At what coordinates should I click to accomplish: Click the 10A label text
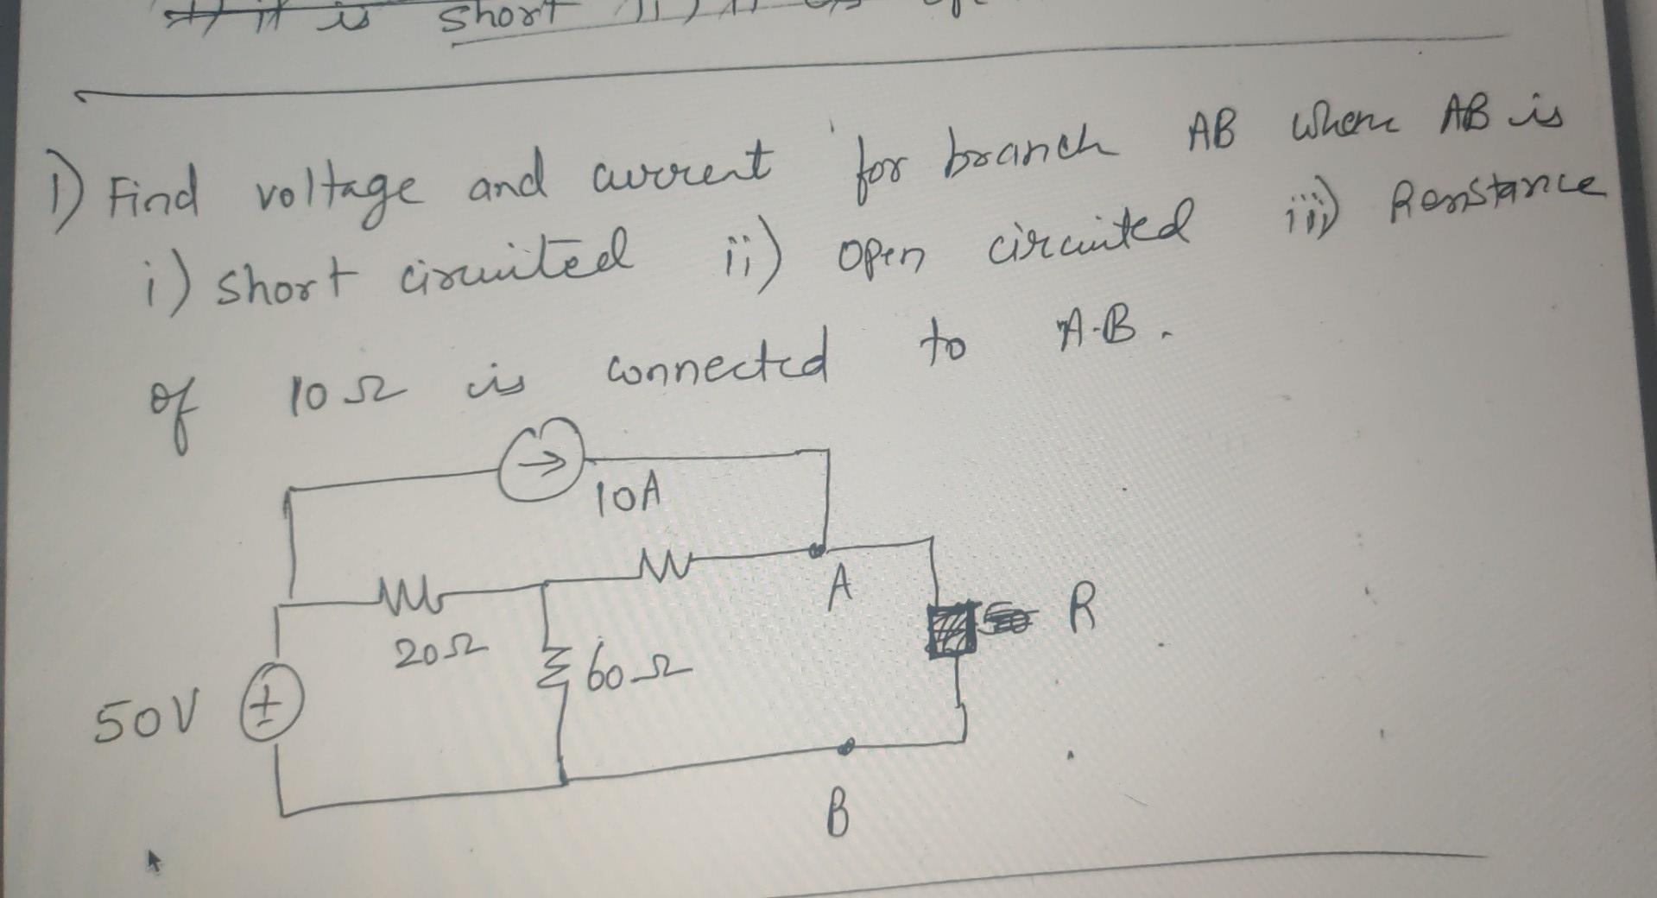pos(629,496)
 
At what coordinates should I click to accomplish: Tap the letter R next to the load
pos(1080,611)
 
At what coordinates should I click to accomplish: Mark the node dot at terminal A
pos(816,549)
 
